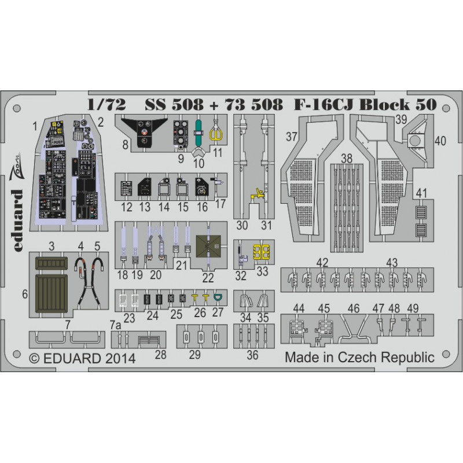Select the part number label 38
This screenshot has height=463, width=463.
[347, 158]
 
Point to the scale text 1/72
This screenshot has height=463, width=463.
[106, 105]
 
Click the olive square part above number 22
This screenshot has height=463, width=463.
[208, 245]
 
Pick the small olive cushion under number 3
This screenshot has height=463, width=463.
[52, 263]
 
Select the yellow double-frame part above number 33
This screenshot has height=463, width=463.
[262, 252]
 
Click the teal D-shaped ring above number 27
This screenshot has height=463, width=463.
[218, 297]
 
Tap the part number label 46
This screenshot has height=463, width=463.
[354, 308]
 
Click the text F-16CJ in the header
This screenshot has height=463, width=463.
[324, 105]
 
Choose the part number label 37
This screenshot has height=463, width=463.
[292, 137]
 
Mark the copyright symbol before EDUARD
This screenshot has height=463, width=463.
[35, 358]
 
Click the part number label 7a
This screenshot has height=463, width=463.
[115, 326]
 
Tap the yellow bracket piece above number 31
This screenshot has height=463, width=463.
[258, 194]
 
